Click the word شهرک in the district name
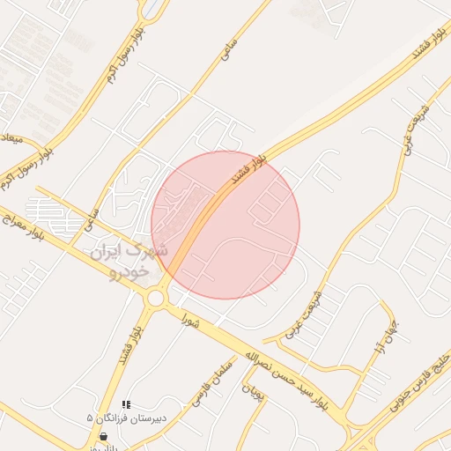146,250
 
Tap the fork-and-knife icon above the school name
126,404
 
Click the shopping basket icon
105,436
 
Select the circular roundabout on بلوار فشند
157,298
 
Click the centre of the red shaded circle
225,225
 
